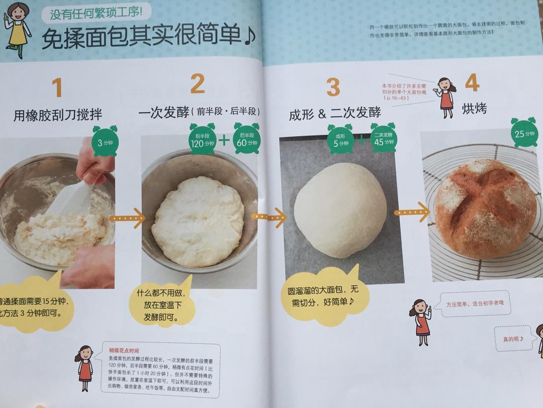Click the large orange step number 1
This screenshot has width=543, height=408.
(57, 87)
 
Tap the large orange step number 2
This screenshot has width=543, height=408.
(197, 84)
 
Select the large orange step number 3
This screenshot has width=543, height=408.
(333, 87)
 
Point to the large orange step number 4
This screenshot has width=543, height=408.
(472, 83)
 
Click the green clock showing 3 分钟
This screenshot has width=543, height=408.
(105, 142)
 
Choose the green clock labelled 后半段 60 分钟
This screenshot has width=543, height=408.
(248, 139)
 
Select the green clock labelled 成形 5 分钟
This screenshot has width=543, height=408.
(340, 139)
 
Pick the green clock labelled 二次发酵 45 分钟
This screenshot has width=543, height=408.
(384, 139)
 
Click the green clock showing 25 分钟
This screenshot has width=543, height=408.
(524, 133)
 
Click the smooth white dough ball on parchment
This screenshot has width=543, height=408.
(340, 209)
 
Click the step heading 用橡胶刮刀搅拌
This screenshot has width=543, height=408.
(58, 116)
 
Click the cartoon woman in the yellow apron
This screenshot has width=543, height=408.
(18, 29)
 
